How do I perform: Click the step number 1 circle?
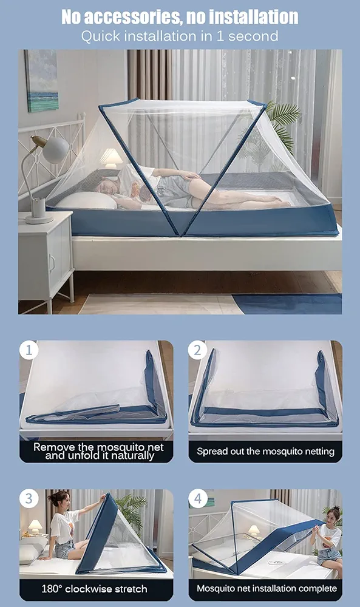(29, 350)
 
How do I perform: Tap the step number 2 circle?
(197, 350)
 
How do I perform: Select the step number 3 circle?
(29, 499)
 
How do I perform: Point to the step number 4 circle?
(197, 499)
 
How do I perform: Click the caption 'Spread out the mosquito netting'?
(265, 452)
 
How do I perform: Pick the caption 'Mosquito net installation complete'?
(265, 589)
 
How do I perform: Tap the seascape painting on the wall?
(41, 80)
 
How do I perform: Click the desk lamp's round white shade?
(56, 149)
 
